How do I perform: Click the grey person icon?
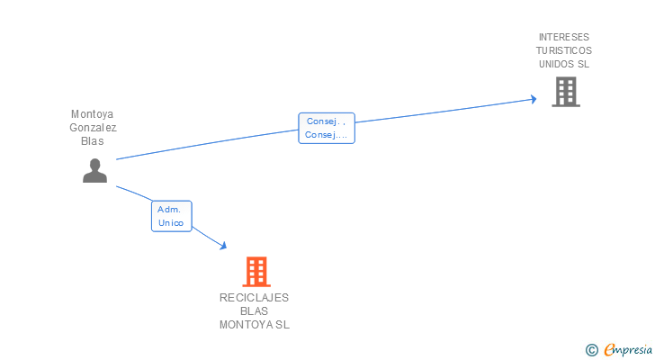coord(94,170)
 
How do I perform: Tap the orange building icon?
coord(256,272)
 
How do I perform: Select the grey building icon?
coord(566,92)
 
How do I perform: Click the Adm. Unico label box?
coord(171,216)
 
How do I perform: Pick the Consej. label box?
coord(327,128)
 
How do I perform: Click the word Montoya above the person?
coord(93,114)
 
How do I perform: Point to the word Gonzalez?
coord(93,128)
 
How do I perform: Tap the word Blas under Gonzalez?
coord(93,141)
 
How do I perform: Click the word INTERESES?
coord(564,37)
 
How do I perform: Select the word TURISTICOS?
coord(564,50)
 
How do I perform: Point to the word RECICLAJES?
coord(254,298)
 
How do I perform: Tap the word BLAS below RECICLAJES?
coord(254,311)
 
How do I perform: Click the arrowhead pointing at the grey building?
coord(534,99)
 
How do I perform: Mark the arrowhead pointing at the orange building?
coord(223,246)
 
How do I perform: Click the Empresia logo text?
coord(628,349)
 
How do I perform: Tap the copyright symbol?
coord(592,350)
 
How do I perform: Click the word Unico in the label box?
coord(171,223)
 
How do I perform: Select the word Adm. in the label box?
coord(169,209)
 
